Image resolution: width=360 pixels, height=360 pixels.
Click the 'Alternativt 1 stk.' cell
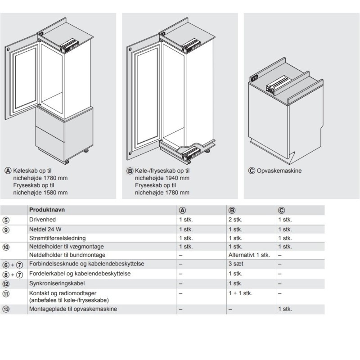(249, 255)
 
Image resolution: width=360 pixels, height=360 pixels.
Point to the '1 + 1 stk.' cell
(240, 293)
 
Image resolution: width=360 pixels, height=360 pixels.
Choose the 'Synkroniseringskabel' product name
(57, 283)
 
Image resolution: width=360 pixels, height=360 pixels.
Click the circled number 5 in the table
(6, 220)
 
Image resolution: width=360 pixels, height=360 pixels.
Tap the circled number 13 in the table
(6, 309)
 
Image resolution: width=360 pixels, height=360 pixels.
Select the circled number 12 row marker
(6, 283)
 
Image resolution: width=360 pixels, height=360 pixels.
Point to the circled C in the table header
(282, 210)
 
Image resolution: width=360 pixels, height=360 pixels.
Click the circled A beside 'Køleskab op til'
(8, 171)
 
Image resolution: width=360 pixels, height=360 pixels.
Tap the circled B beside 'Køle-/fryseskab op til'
(130, 171)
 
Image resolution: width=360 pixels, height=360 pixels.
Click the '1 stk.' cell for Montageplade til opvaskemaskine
(285, 309)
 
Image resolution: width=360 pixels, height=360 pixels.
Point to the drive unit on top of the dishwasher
(278, 84)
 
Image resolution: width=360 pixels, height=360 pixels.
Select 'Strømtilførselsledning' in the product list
(57, 238)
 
